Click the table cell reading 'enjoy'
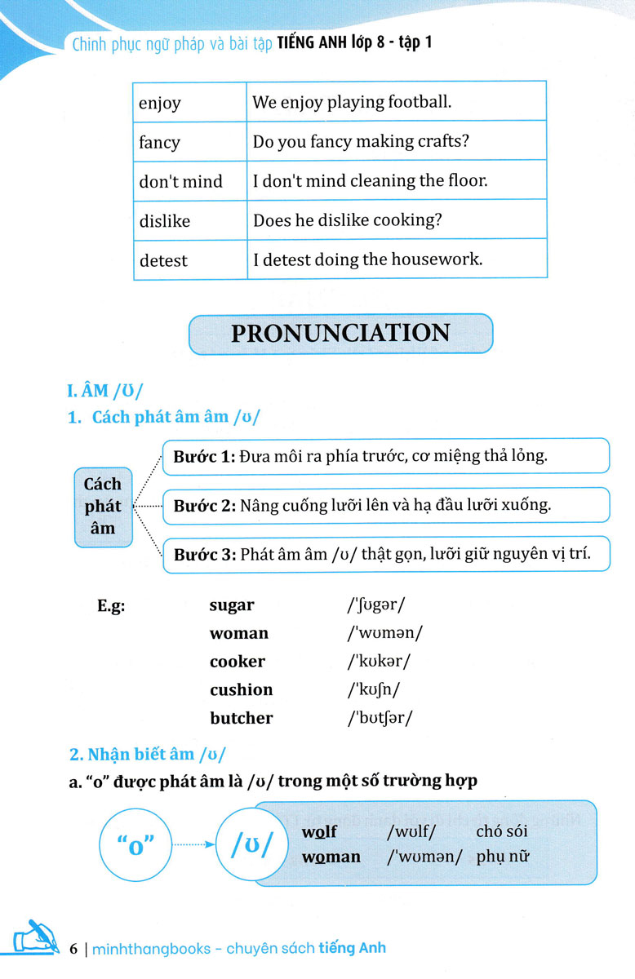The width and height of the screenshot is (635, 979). (160, 104)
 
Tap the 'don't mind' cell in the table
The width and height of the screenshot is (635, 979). (180, 181)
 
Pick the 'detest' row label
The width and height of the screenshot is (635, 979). (163, 261)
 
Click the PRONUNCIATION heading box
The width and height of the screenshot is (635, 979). (340, 334)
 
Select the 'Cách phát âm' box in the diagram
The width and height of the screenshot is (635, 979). (103, 507)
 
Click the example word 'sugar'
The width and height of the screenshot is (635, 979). (232, 605)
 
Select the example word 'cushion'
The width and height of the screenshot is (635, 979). (241, 689)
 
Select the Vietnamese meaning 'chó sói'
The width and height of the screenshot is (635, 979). (502, 831)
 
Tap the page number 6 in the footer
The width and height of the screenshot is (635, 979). (74, 949)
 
